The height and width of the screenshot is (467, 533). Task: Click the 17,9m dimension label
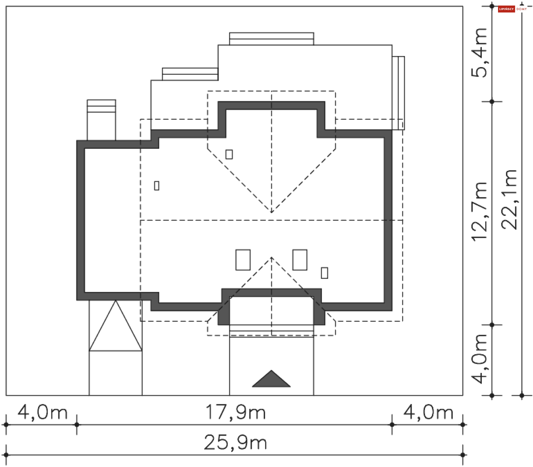point(235,413)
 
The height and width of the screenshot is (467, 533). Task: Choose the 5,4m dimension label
point(480,53)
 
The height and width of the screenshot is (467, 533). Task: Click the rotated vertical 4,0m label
point(480,359)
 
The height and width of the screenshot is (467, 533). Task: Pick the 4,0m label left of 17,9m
point(42,413)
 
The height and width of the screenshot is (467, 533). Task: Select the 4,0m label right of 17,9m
point(428,413)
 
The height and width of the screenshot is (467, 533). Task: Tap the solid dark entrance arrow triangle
point(271,380)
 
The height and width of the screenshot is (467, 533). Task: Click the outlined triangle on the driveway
point(115,327)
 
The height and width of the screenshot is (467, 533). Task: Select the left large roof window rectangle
point(243,260)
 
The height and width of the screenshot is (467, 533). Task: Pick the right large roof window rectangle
point(300,260)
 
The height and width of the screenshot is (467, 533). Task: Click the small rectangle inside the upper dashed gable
point(229,154)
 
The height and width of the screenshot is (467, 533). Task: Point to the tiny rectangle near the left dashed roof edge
point(157,186)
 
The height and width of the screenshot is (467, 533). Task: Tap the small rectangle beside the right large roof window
point(324,273)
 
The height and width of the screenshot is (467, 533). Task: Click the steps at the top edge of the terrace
point(271,39)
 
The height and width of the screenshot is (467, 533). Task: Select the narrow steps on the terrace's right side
point(398,93)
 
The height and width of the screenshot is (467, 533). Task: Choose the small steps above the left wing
point(101,106)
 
